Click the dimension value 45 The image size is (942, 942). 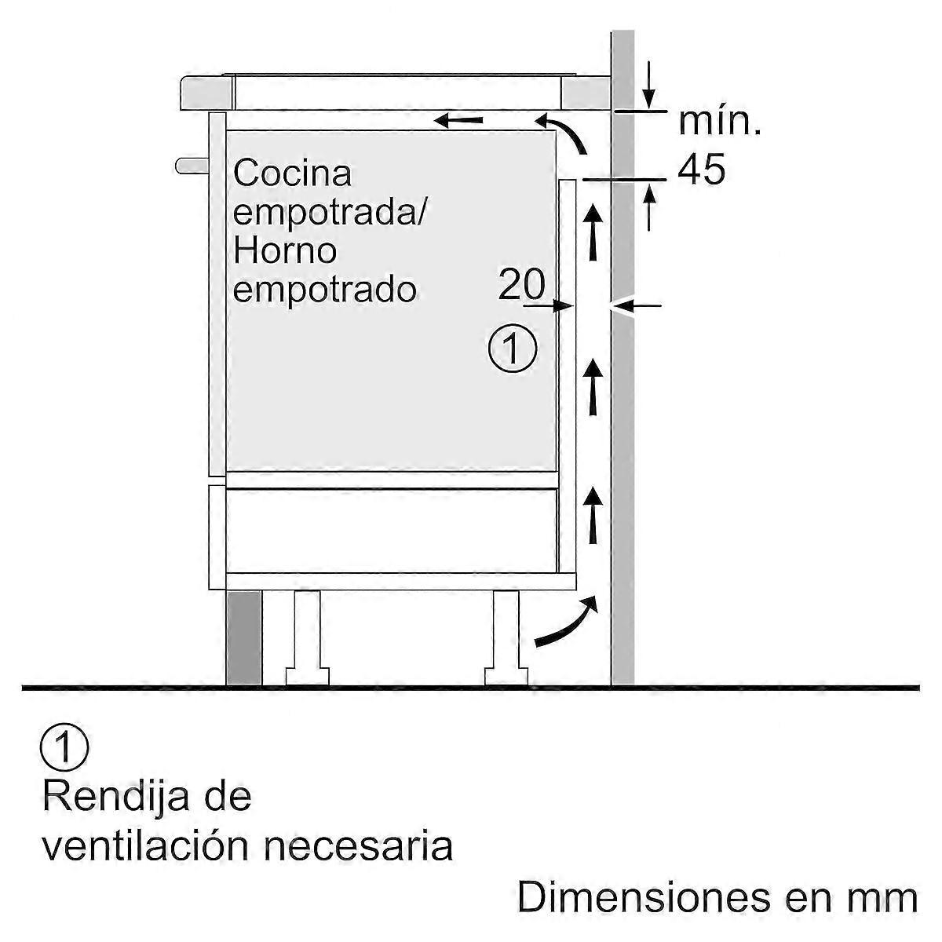click(701, 169)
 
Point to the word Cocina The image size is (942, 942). click(292, 173)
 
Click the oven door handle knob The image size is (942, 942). click(192, 165)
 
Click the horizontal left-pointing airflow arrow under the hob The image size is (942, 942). click(459, 120)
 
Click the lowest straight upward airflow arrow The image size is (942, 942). click(593, 515)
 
